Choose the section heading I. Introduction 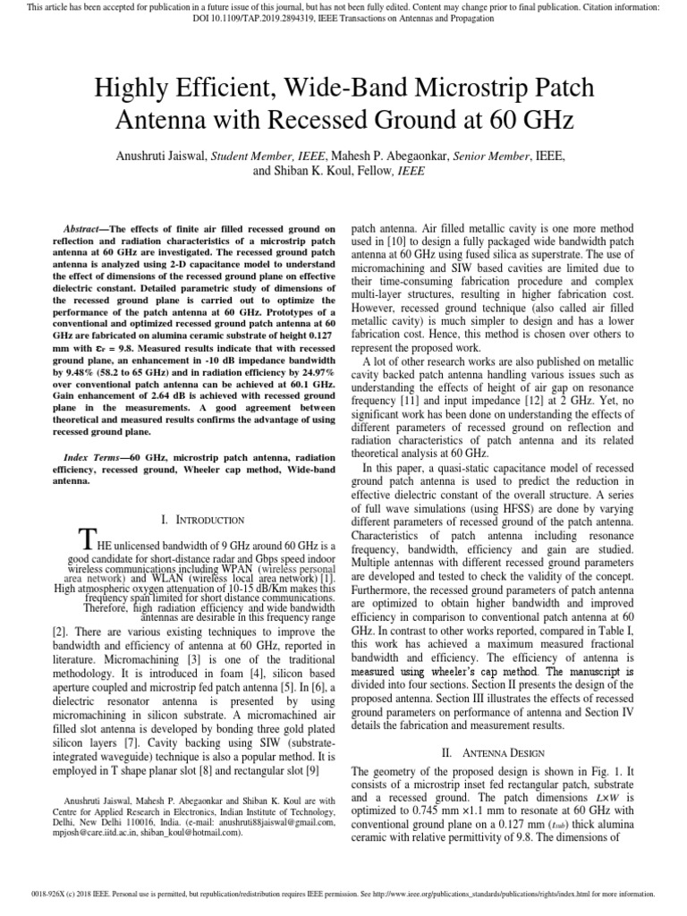[x=201, y=519]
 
